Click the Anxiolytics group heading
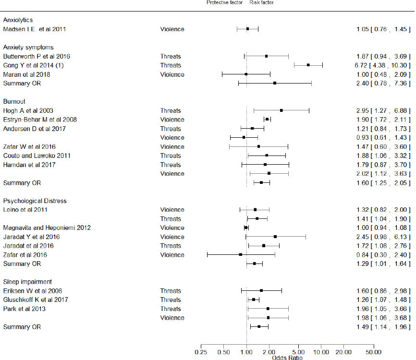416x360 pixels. coord(18,20)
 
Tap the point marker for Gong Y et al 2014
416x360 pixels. coord(308,65)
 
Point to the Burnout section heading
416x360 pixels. coord(14,102)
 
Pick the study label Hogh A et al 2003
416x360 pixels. coord(28,110)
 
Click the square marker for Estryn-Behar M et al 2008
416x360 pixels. coord(267,119)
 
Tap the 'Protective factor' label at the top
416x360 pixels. coord(224,2)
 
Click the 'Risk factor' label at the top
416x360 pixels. coord(262,2)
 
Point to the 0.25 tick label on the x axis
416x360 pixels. coord(201,352)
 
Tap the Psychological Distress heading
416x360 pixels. coord(35,201)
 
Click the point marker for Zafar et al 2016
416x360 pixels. coord(241,254)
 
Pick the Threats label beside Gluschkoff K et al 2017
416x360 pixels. coord(171,300)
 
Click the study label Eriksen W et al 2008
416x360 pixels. coord(32,291)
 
